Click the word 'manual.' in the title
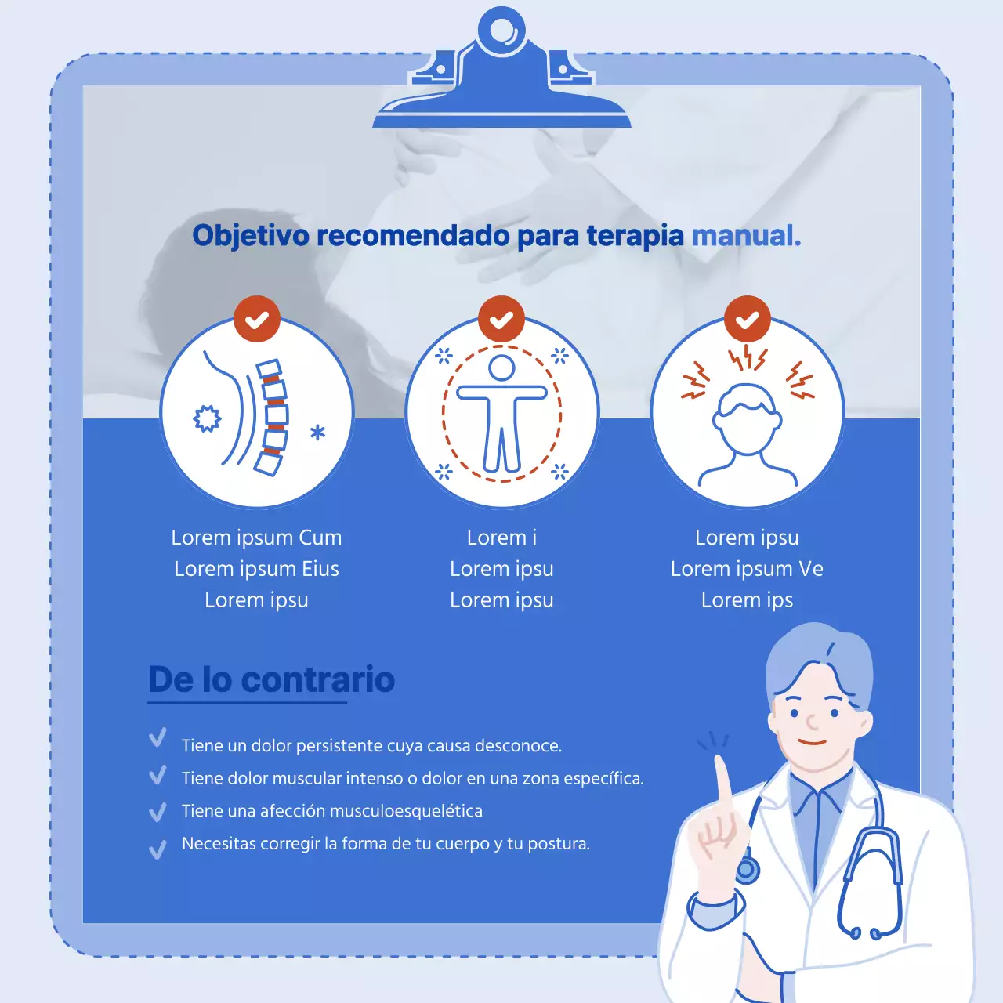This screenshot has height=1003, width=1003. [x=746, y=235]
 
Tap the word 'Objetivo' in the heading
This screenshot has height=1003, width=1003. [x=251, y=235]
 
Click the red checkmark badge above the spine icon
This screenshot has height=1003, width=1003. [x=257, y=320]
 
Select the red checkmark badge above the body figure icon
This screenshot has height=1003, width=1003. [x=501, y=320]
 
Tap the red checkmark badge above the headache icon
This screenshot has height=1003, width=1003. [x=748, y=320]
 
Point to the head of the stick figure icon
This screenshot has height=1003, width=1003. [x=501, y=368]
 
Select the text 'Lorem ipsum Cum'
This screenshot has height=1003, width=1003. [x=256, y=538]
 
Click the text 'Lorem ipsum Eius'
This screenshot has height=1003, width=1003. [x=256, y=569]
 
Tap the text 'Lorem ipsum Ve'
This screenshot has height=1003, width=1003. [x=747, y=569]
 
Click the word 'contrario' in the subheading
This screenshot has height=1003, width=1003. [x=318, y=679]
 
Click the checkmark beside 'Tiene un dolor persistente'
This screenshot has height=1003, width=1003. [x=158, y=738]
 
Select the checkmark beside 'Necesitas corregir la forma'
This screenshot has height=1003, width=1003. [x=158, y=849]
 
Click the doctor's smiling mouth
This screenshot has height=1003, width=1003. [x=813, y=742]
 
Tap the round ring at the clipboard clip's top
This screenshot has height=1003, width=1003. [x=501, y=31]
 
